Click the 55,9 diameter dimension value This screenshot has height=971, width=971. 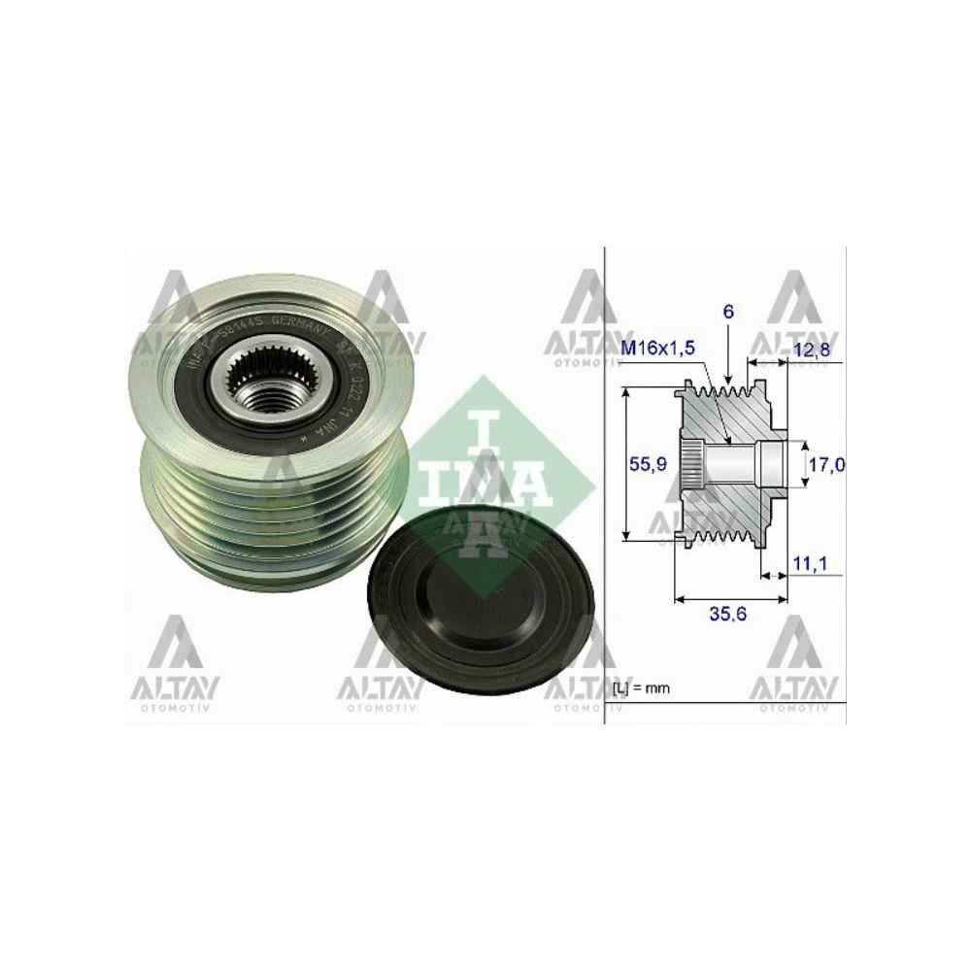coord(647,464)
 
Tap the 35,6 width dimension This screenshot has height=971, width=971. coord(730,614)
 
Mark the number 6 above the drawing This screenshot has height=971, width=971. coord(728,313)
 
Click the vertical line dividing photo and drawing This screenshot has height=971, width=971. coord(605,485)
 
